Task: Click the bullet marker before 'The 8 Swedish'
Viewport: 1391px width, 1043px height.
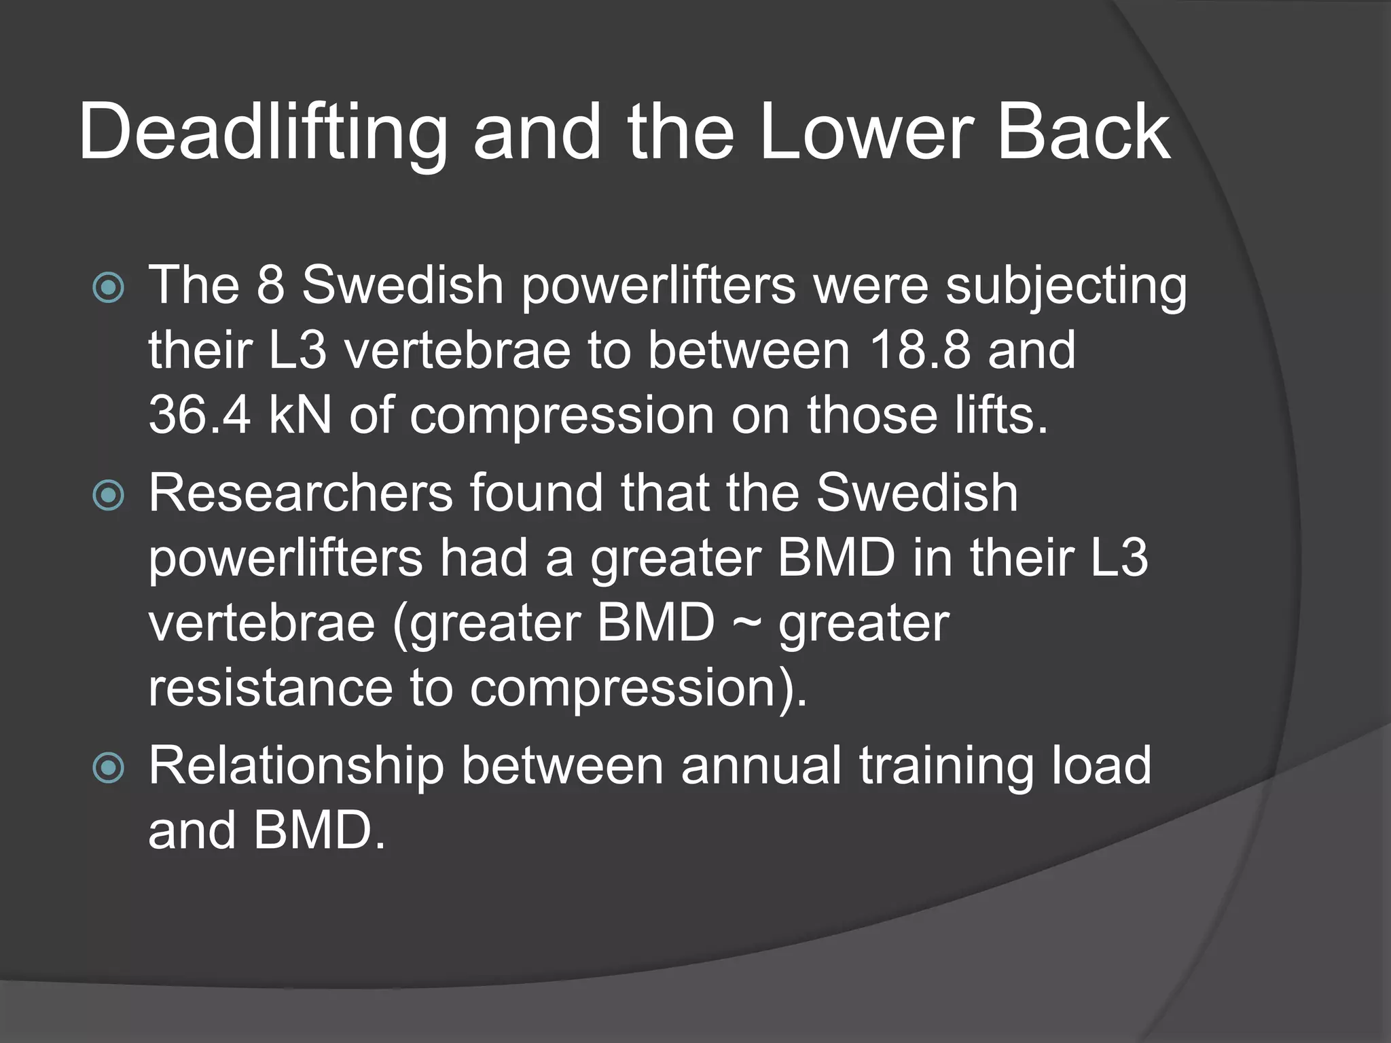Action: tap(109, 287)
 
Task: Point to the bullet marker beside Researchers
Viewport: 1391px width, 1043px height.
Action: tap(109, 495)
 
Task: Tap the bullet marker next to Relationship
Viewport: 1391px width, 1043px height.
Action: tap(109, 768)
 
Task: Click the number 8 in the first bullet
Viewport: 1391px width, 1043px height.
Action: tap(270, 285)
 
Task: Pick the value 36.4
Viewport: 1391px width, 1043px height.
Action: tap(200, 415)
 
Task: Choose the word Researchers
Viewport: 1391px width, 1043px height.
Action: tap(301, 493)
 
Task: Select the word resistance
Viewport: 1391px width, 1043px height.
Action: tap(270, 688)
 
